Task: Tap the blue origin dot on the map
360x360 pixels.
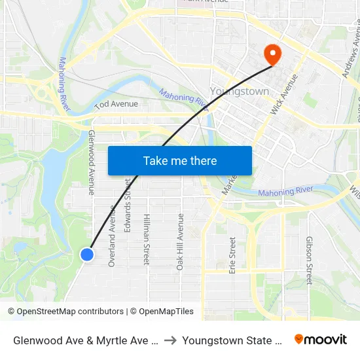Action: [x=87, y=255]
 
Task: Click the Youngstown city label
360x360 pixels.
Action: [x=239, y=92]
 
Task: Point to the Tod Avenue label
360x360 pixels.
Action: [x=117, y=104]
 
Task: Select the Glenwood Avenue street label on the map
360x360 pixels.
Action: [x=91, y=162]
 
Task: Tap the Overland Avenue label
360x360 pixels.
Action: [x=111, y=242]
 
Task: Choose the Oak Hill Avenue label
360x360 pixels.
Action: [x=181, y=242]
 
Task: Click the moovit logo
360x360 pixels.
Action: [x=320, y=339]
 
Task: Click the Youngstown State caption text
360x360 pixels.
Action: [x=232, y=340]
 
